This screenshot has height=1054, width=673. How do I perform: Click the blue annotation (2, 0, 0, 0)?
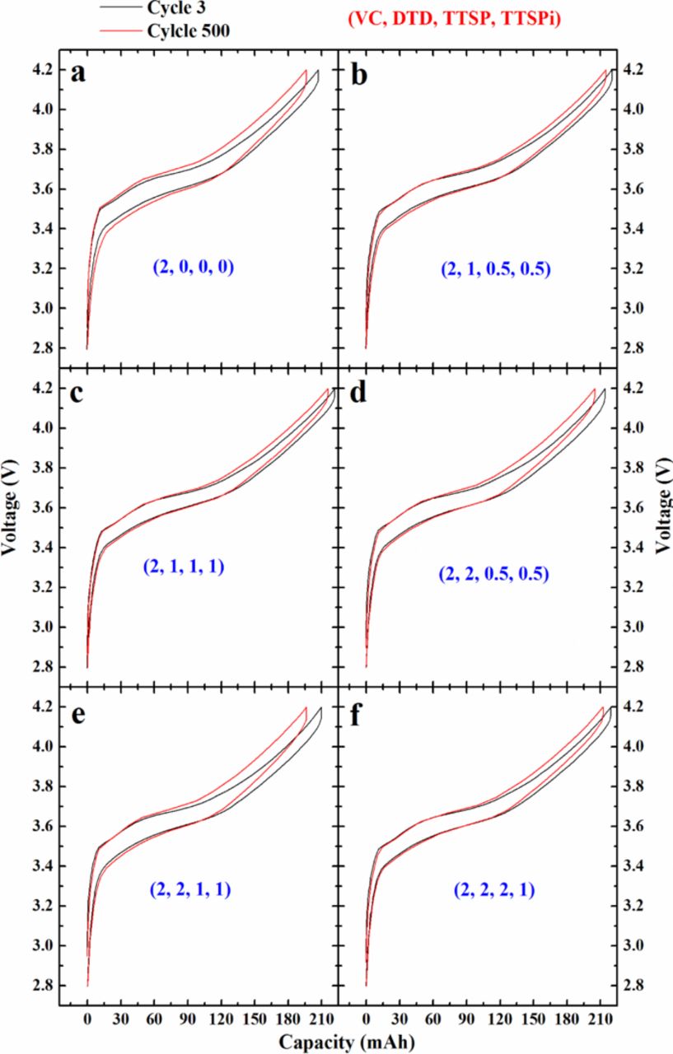tap(193, 268)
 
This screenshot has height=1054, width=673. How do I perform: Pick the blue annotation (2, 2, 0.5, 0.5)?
tap(493, 574)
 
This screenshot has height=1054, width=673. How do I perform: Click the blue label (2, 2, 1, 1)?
tap(192, 888)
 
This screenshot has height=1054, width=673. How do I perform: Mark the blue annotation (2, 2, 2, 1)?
tap(494, 888)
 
